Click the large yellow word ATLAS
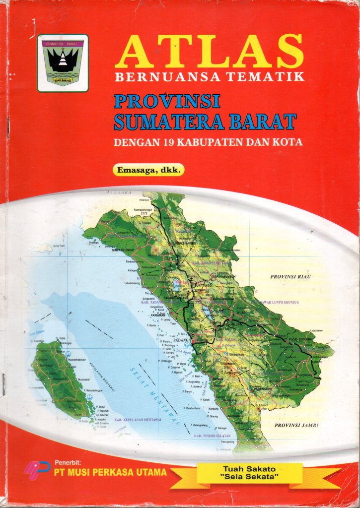pyautogui.click(x=209, y=52)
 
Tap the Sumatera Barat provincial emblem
pyautogui.click(x=63, y=63)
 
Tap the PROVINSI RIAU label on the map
pyautogui.click(x=290, y=276)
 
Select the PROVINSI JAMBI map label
pyautogui.click(x=296, y=425)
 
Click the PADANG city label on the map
pyautogui.click(x=181, y=341)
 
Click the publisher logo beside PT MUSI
pyautogui.click(x=36, y=470)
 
